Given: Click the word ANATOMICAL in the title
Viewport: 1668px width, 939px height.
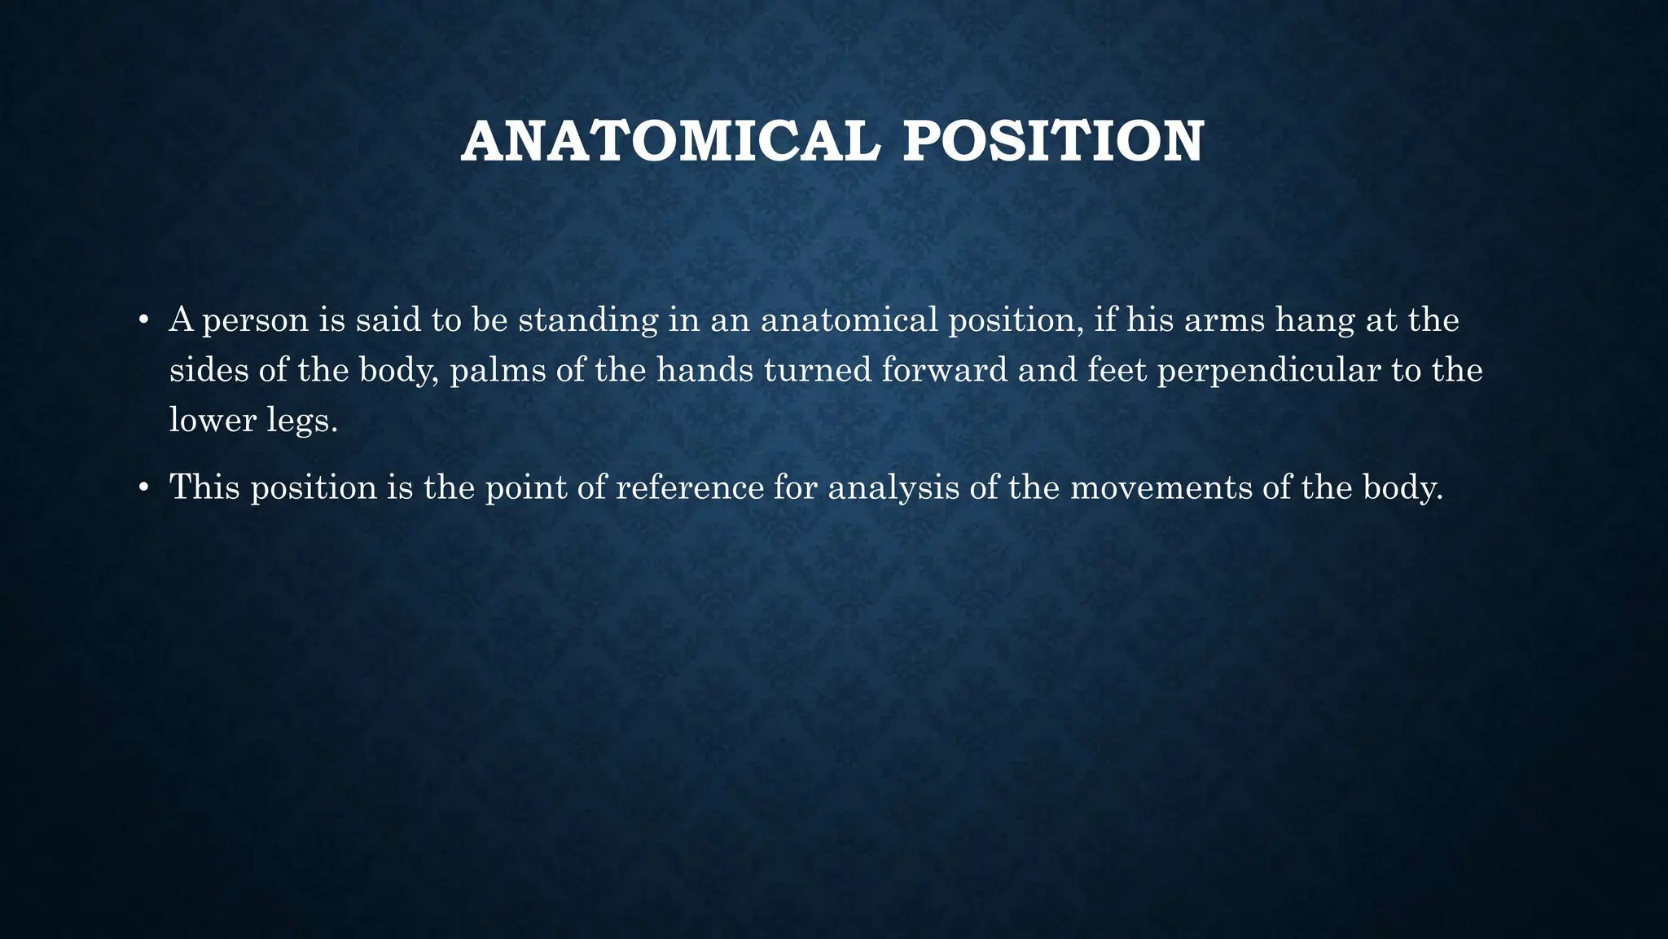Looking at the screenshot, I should (x=670, y=143).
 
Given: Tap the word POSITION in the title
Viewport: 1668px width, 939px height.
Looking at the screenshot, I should (x=1053, y=143).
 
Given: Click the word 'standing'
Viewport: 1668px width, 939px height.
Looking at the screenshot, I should (x=588, y=320).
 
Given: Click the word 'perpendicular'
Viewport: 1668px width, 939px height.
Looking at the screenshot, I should (x=1268, y=372).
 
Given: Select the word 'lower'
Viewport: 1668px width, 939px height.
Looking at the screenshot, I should (x=213, y=421).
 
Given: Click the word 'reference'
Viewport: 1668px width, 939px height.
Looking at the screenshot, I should (x=690, y=487).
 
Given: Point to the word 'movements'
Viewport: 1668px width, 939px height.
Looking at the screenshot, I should (x=1161, y=487).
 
